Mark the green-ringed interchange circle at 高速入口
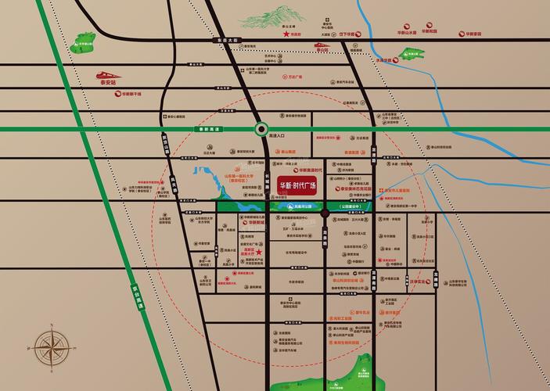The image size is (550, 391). tap(262, 129)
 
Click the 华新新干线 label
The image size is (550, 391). tap(132, 93)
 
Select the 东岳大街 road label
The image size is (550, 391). tap(226, 38)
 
